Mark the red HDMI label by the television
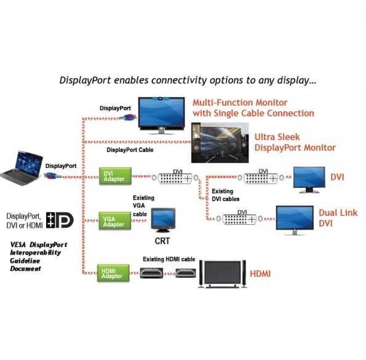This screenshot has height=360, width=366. [x=261, y=272]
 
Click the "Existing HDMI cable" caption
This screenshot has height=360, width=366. [x=169, y=259]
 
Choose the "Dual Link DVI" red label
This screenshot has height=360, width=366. [x=333, y=218]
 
